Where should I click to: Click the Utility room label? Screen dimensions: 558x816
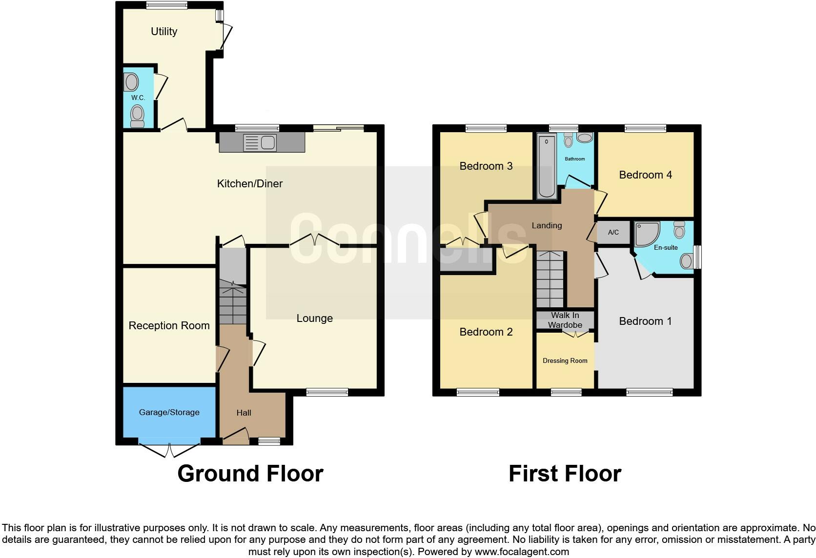pos(163,32)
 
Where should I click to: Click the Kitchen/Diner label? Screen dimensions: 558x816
pos(249,184)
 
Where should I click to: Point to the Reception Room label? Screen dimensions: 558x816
pos(169,326)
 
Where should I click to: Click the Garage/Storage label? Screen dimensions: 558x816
pos(169,413)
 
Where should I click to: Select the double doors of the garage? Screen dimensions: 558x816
pos(169,450)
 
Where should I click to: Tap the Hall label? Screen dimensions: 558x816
pos(244,413)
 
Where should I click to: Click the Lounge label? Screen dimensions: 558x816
pos(314,319)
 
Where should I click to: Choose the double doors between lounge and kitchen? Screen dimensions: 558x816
pos(315,241)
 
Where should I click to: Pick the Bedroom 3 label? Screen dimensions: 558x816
pos(486,166)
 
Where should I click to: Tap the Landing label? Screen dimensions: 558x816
pos(547,226)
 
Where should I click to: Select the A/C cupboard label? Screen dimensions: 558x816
pos(613,233)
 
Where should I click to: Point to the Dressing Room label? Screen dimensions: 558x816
pos(565,361)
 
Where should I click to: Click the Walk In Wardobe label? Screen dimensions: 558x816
pos(565,320)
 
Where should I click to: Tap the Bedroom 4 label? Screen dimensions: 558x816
pos(645,175)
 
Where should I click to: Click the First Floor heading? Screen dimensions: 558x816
pos(564,474)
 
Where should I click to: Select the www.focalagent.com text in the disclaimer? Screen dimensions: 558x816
pos(521,552)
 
